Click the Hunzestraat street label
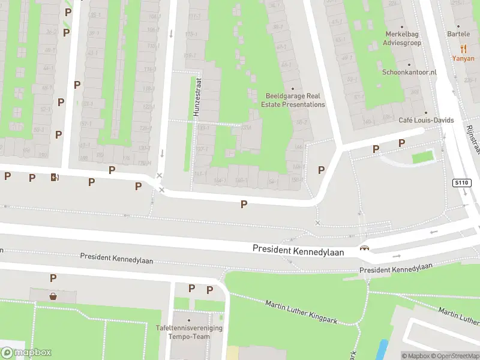tap(196, 100)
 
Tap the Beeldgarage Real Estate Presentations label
tap(295, 100)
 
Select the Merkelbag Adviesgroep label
tap(403, 38)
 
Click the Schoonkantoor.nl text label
tap(409, 72)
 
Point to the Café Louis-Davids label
tap(426, 120)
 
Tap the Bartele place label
tap(458, 34)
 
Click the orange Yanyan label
tap(463, 59)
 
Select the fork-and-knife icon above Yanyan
tap(463, 49)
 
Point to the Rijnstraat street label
tap(473, 135)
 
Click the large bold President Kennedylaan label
tap(298, 250)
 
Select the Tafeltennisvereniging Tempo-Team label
tap(189, 332)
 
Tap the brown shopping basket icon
tap(53, 296)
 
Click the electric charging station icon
tap(55, 176)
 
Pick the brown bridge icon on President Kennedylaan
tap(364, 248)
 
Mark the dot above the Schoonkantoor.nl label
tap(409, 64)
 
